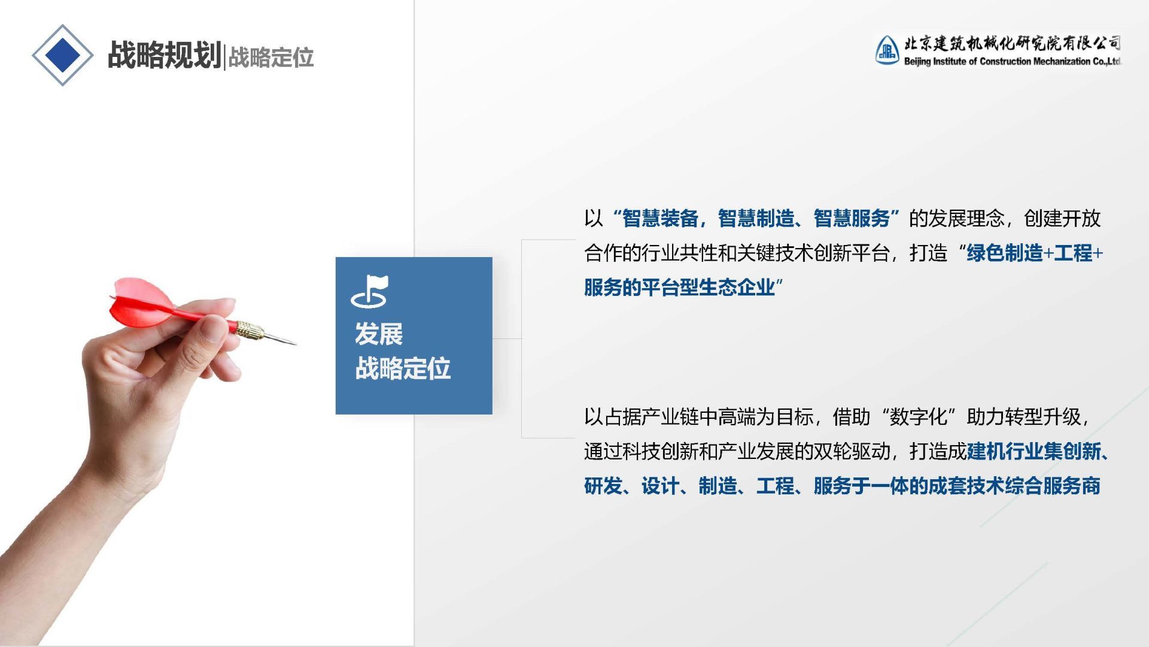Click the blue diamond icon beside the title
[62, 55]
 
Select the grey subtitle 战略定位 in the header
[271, 58]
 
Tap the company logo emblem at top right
[887, 50]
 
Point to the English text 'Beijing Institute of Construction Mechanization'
[997, 61]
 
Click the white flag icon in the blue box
[369, 291]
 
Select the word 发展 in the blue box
[379, 334]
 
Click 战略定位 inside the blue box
[403, 368]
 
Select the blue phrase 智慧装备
[660, 219]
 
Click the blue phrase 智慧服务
[852, 219]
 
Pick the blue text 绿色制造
[1005, 253]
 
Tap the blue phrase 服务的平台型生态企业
[679, 288]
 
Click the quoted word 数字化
[919, 417]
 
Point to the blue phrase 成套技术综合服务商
[1014, 486]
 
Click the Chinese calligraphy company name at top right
[1012, 43]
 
